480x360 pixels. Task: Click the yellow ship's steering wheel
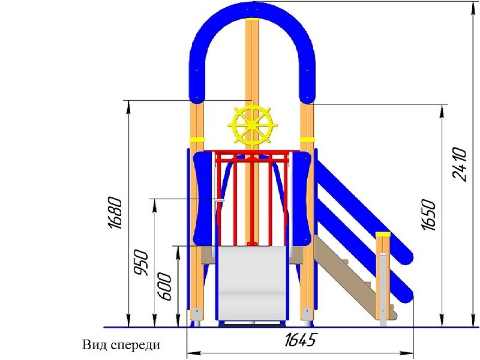(252, 125)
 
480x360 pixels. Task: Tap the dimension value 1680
(115, 213)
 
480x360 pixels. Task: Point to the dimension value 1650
(428, 214)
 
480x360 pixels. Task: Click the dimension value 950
(141, 263)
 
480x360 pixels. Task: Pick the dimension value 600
(164, 287)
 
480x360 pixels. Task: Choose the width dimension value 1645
(300, 340)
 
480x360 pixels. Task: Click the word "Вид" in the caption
(95, 344)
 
